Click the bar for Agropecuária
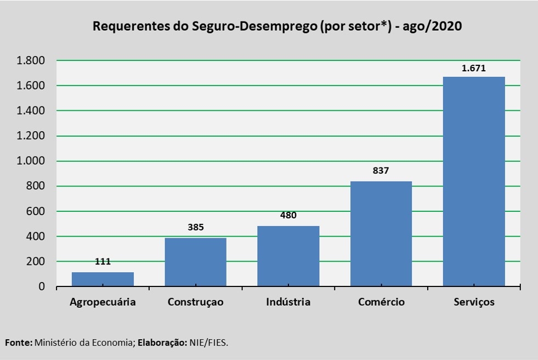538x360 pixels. coord(103,279)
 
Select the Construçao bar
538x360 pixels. coord(196,262)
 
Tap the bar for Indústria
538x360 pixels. coord(288,256)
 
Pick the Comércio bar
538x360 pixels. coord(381,233)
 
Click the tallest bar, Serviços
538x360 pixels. coord(474,181)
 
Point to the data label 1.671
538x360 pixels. coord(474,69)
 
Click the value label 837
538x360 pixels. coord(381,171)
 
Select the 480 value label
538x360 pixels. coord(288,215)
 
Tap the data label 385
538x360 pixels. coord(196,227)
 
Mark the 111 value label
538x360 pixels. coord(103,262)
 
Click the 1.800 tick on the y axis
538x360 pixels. coord(31,60)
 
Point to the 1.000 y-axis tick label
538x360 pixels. coord(31,161)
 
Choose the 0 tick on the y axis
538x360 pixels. coord(42,286)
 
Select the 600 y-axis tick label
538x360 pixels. coord(36,211)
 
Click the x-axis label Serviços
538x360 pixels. coord(474,302)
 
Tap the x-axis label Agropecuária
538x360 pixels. coord(103,302)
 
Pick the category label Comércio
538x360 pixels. coord(381,302)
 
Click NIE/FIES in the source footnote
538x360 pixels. coord(208,342)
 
